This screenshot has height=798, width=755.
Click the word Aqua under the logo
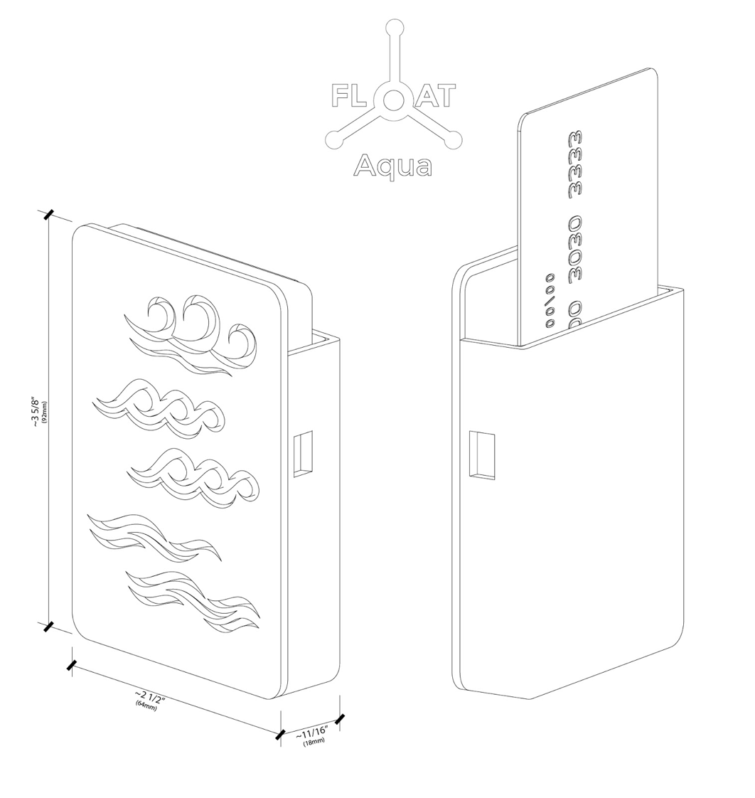tap(392, 166)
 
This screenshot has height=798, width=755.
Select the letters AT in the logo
tap(434, 96)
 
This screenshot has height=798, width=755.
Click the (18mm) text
tap(314, 742)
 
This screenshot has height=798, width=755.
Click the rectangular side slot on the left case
tap(303, 453)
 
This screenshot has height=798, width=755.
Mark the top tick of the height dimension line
tap(48, 213)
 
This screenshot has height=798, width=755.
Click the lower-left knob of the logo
tap(333, 140)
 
